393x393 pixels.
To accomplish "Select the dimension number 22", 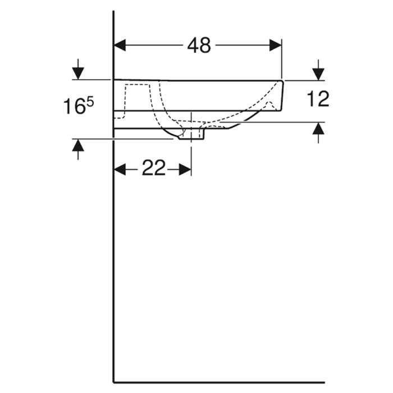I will click(153, 168).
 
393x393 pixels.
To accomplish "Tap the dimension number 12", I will click(318, 99).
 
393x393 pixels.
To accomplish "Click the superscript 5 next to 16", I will click(89, 100).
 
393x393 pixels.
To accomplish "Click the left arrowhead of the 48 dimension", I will click(120, 45).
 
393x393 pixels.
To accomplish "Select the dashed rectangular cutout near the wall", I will click(138, 98).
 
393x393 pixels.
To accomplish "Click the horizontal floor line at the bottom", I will click(225, 382).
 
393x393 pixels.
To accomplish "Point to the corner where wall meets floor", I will click(114, 382).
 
